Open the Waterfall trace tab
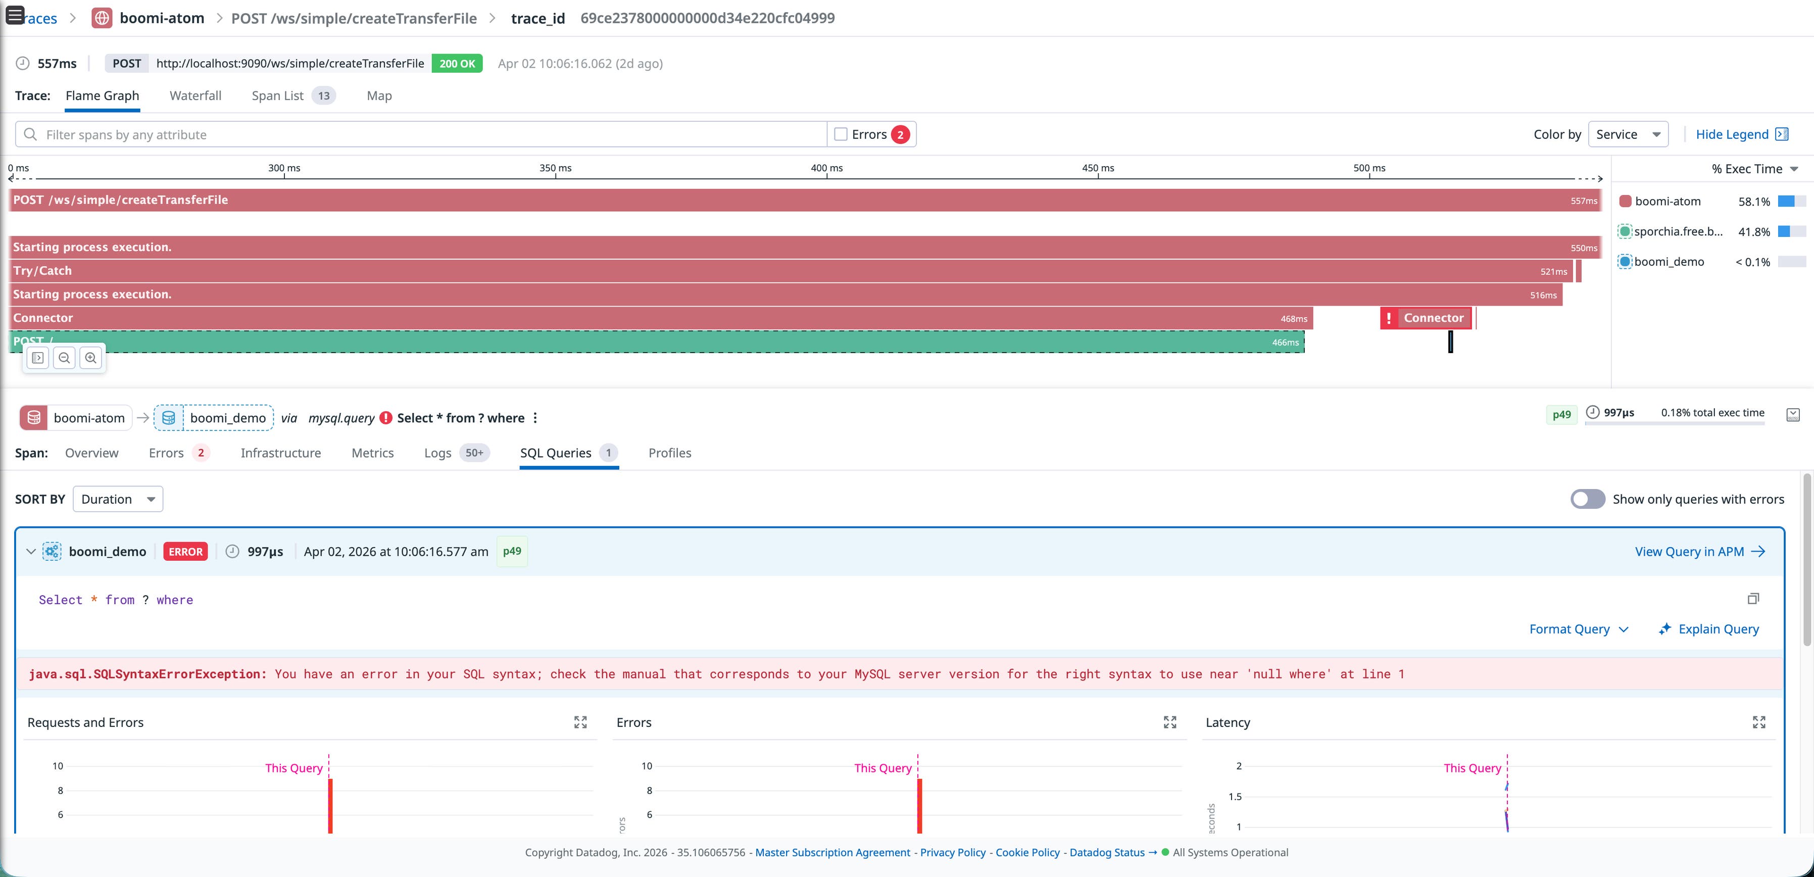click(195, 96)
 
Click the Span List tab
click(277, 96)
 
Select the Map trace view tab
click(379, 96)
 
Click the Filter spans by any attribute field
click(422, 134)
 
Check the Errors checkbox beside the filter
click(841, 134)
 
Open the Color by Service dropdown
click(1628, 134)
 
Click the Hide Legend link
click(1732, 134)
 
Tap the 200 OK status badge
click(457, 63)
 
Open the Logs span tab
click(437, 453)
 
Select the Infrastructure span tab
click(280, 453)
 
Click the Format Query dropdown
click(1578, 629)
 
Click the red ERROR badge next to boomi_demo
click(185, 552)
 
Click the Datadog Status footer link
click(1106, 852)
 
